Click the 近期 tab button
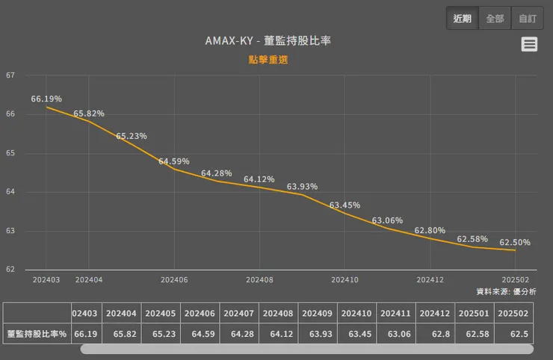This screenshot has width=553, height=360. tap(463, 19)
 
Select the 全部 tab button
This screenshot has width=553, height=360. tap(495, 19)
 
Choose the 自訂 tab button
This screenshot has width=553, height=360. tap(528, 19)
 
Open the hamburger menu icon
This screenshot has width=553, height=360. tap(529, 45)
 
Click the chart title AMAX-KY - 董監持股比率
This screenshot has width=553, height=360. tap(268, 41)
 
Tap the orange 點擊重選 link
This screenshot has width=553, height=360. tap(268, 60)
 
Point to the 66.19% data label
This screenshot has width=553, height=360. tap(46, 99)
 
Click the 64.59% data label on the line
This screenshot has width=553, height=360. tap(174, 161)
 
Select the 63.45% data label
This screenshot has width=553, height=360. tap(345, 205)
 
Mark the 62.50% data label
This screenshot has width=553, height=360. tap(515, 242)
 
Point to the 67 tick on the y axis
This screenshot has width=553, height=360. tap(10, 75)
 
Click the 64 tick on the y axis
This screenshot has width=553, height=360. tap(10, 192)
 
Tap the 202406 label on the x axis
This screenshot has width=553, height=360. tap(174, 279)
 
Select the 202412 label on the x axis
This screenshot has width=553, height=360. tap(430, 279)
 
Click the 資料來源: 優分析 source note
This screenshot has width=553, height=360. tap(506, 291)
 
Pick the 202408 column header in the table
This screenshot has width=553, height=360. tap(279, 314)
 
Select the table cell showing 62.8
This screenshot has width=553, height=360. tap(435, 334)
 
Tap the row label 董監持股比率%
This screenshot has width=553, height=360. tap(37, 334)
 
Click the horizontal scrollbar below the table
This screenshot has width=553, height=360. tap(306, 349)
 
